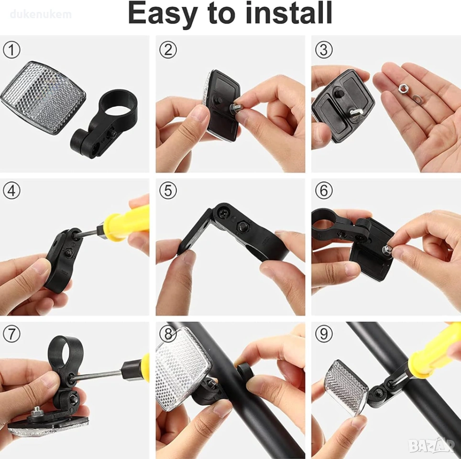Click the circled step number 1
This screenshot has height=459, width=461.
[11, 50]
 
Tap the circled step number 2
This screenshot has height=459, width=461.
[168, 50]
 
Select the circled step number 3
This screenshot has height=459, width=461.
[324, 50]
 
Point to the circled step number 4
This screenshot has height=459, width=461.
[11, 191]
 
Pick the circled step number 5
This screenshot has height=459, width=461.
[168, 191]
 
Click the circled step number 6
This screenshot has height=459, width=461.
[324, 191]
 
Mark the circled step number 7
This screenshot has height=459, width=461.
[11, 334]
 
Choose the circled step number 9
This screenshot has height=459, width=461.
[324, 334]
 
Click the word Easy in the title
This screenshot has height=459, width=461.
[162, 13]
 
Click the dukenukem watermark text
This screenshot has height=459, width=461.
[41, 14]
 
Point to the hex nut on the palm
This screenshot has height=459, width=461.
[403, 87]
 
